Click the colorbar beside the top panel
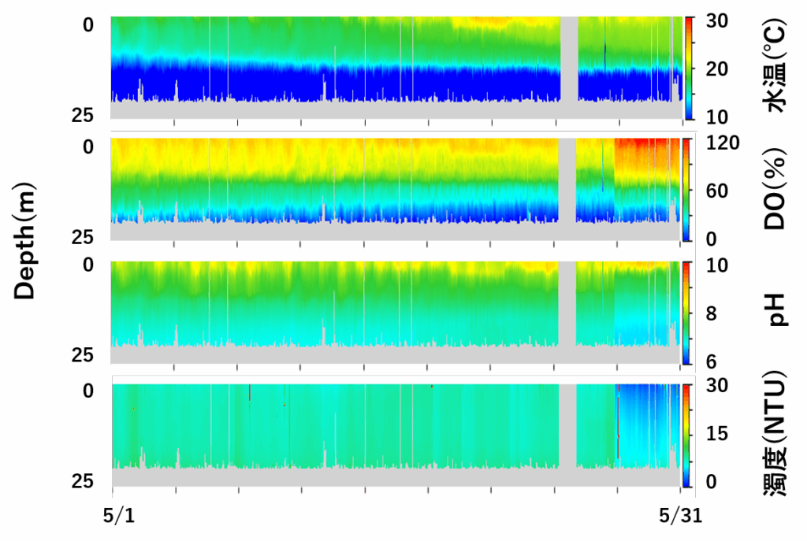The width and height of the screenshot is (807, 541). click(689, 68)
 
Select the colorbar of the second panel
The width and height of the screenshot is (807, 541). click(686, 189)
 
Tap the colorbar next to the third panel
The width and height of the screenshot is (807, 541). click(686, 313)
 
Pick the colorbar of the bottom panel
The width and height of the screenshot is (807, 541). click(686, 435)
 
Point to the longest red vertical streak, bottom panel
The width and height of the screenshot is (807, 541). click(618, 425)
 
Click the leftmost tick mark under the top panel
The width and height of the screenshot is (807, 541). click(174, 122)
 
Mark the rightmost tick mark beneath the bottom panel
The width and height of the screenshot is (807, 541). click(681, 490)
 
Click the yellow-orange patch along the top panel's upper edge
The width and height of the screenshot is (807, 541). click(493, 21)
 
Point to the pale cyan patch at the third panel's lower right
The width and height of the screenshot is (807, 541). click(642, 327)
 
